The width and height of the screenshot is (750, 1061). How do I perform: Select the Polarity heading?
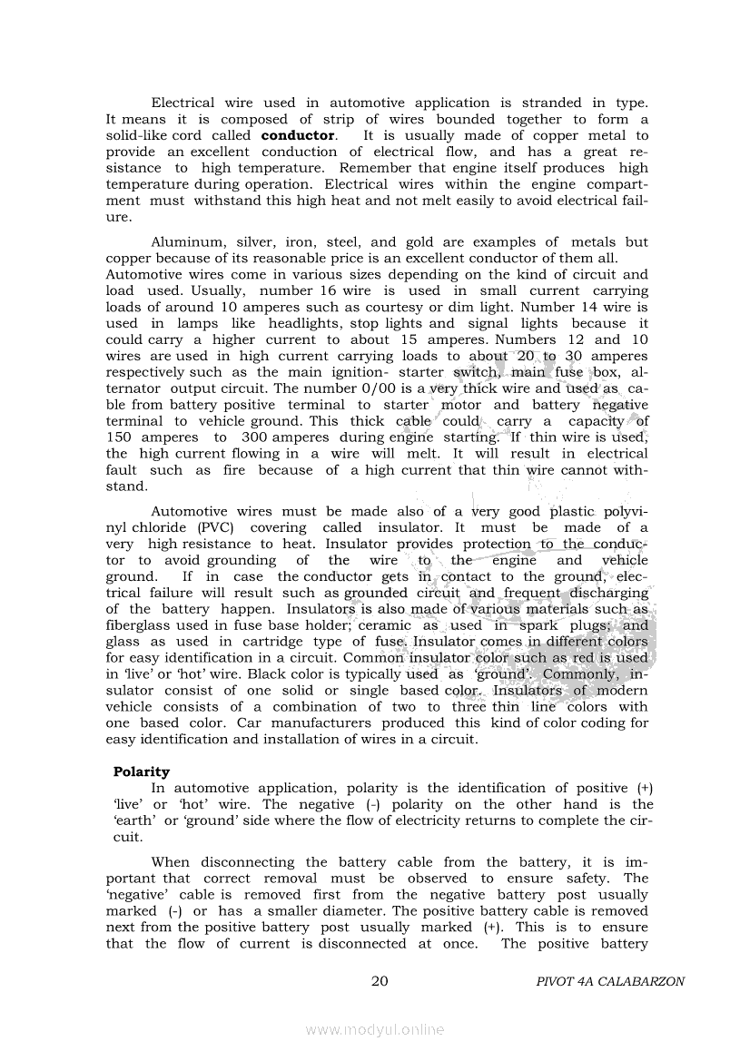point(141,771)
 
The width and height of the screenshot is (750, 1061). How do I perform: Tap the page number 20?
point(380,981)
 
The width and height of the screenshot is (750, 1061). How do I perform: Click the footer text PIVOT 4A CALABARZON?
point(610,982)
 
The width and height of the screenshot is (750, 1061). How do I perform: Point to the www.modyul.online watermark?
point(374,1029)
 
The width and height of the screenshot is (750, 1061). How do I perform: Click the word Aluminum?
point(185,241)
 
